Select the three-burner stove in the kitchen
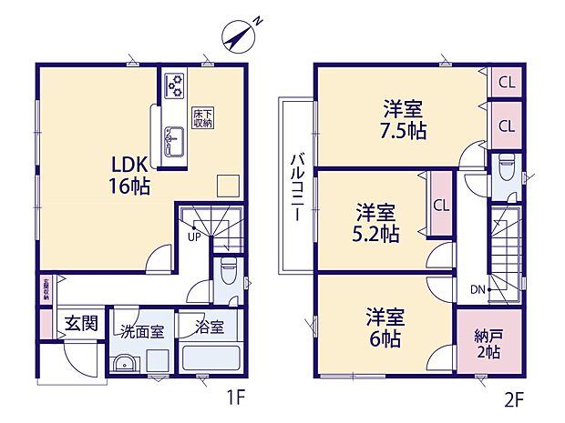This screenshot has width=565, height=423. pyautogui.click(x=172, y=85)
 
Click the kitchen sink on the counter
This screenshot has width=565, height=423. pyautogui.click(x=172, y=142)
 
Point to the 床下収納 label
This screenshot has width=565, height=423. pyautogui.click(x=200, y=118)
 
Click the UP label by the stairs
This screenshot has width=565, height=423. pyautogui.click(x=193, y=237)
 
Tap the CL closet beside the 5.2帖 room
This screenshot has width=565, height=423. pyautogui.click(x=440, y=204)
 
